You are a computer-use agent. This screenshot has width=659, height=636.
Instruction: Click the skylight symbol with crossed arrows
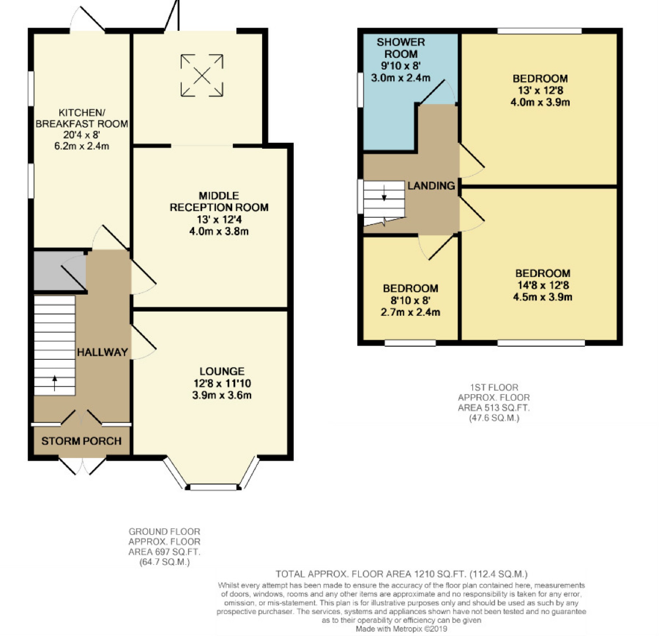pyautogui.click(x=202, y=75)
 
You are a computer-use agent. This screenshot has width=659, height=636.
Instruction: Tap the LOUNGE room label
pyautogui.click(x=222, y=371)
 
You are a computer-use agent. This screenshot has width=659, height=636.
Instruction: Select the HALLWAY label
pyautogui.click(x=103, y=352)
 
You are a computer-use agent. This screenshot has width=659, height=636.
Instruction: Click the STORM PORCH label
pyautogui.click(x=81, y=441)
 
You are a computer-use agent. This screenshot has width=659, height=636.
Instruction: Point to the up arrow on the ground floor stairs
pyautogui.click(x=55, y=383)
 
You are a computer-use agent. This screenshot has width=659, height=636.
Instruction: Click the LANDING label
pyautogui.click(x=432, y=185)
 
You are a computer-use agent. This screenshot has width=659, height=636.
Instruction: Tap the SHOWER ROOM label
pyautogui.click(x=401, y=48)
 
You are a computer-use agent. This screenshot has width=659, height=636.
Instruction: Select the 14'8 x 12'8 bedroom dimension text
pyautogui.click(x=543, y=285)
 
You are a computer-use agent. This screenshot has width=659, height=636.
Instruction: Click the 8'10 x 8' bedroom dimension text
pyautogui.click(x=410, y=300)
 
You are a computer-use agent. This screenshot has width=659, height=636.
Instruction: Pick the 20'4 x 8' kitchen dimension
pyautogui.click(x=82, y=135)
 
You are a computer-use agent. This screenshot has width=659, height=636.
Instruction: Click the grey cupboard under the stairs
pyautogui.click(x=60, y=270)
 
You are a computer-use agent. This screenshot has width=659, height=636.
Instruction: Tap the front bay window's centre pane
pyautogui.click(x=213, y=487)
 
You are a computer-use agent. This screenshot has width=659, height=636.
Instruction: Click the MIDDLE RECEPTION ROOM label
pyautogui.click(x=219, y=201)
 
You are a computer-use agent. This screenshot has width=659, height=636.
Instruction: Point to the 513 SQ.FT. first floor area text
pyautogui.click(x=494, y=408)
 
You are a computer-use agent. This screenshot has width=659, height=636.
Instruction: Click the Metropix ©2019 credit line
pyautogui.click(x=402, y=628)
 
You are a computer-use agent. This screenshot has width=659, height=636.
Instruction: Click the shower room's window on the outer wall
pyautogui.click(x=360, y=90)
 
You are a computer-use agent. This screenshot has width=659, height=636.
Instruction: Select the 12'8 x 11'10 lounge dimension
pyautogui.click(x=222, y=383)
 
